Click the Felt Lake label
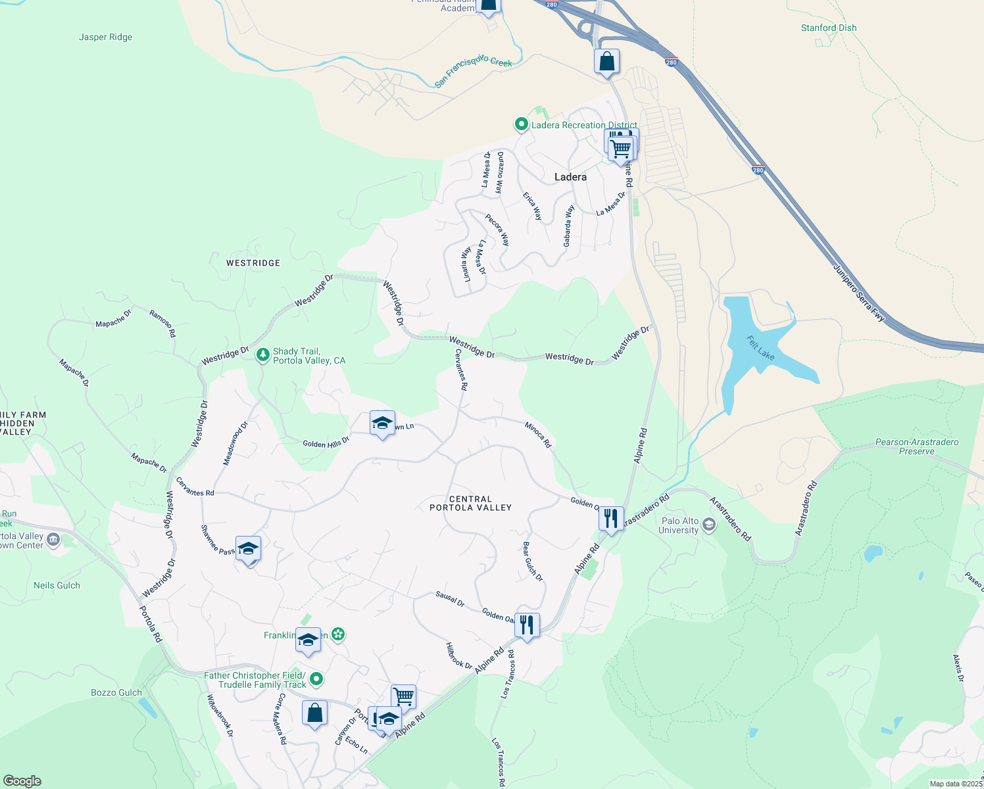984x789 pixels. coord(760,348)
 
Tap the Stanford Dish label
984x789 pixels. coord(828,28)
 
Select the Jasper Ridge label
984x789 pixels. coord(105,37)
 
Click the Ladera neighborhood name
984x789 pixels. coord(570,177)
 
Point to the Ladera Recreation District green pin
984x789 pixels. coord(521,124)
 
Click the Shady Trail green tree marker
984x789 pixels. coord(263,355)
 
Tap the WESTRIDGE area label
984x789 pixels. coord(253,263)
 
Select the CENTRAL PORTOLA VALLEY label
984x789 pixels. coord(470,504)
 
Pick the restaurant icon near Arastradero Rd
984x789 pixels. coord(611,518)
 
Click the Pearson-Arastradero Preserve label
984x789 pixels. coord(916,446)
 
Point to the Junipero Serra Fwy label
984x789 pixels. coord(859,293)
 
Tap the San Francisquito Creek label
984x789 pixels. coord(473,71)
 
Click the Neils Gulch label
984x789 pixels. coord(57,585)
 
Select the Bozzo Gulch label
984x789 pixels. coord(116,692)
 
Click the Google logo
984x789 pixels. coord(22,781)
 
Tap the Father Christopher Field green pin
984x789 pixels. coord(316,679)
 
